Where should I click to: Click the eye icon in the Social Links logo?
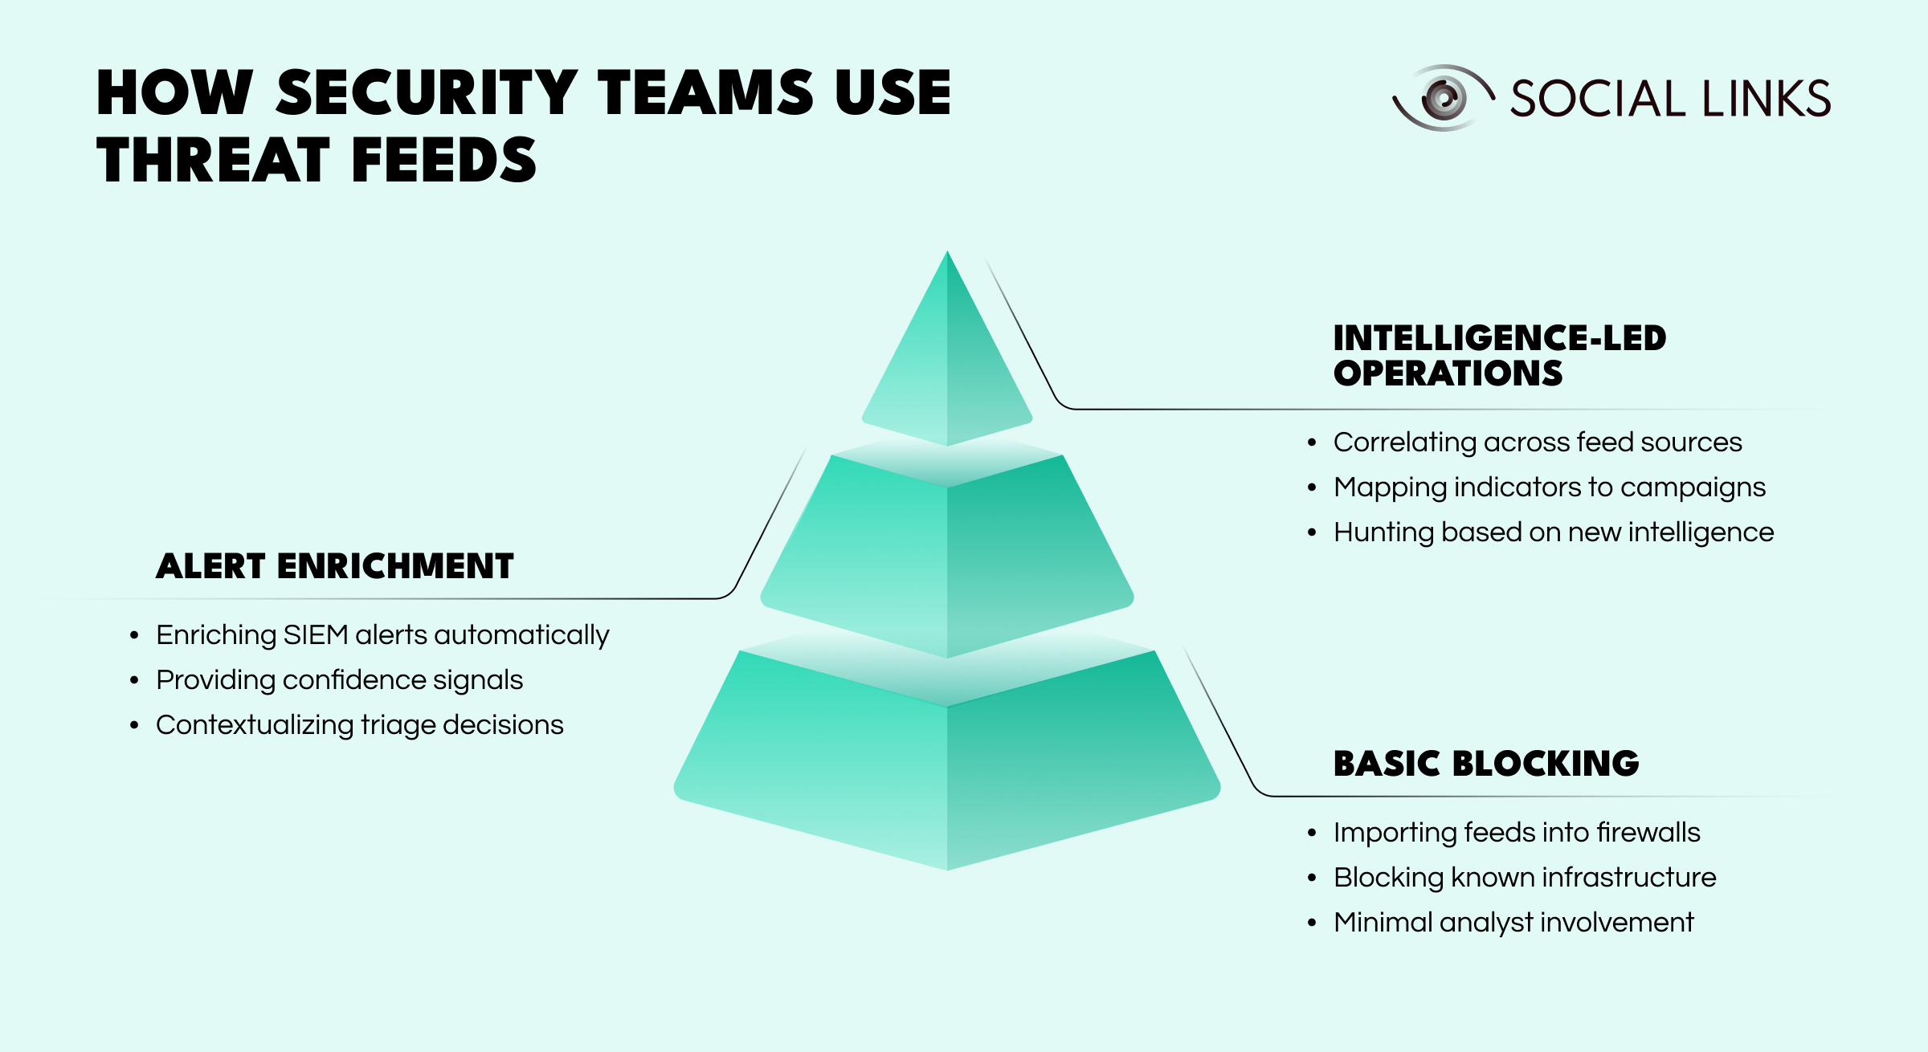pos(1443,98)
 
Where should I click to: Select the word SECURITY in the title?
pos(427,93)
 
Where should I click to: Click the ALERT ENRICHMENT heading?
pos(335,567)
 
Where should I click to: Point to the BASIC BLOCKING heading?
pos(1486,764)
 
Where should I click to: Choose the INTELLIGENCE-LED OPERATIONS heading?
pos(1499,356)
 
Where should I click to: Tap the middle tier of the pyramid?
pos(947,554)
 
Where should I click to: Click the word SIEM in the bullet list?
pos(316,635)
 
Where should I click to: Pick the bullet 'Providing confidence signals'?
pos(339,680)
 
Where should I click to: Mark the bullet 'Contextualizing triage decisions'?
pos(359,725)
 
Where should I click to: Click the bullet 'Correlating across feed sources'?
pos(1537,442)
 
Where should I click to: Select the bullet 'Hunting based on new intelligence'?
pos(1553,532)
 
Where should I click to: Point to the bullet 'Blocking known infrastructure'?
pos(1524,878)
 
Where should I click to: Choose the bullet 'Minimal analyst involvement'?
pos(1513,923)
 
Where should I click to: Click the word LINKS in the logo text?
pos(1766,99)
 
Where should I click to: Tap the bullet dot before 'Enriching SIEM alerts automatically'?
pos(134,636)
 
